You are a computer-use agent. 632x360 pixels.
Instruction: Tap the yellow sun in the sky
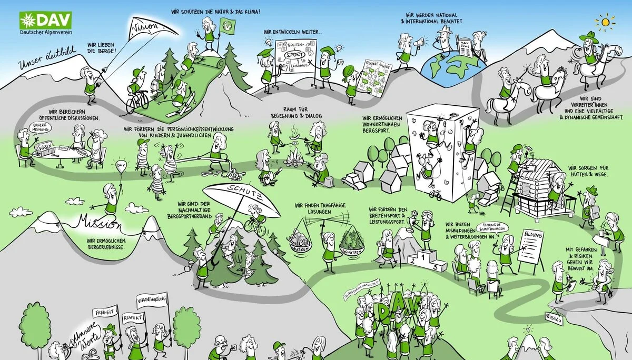609,22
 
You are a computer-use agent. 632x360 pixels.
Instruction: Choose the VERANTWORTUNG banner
153,299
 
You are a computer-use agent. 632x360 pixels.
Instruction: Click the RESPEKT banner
132,318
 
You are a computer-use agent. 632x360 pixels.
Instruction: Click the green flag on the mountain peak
227,24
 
